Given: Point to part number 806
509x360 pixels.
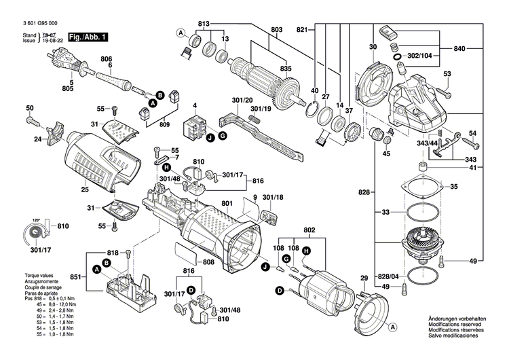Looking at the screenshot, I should click(107, 58).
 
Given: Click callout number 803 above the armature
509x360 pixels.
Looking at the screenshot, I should click(276, 29).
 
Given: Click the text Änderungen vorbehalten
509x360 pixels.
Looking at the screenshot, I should click(457, 319).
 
